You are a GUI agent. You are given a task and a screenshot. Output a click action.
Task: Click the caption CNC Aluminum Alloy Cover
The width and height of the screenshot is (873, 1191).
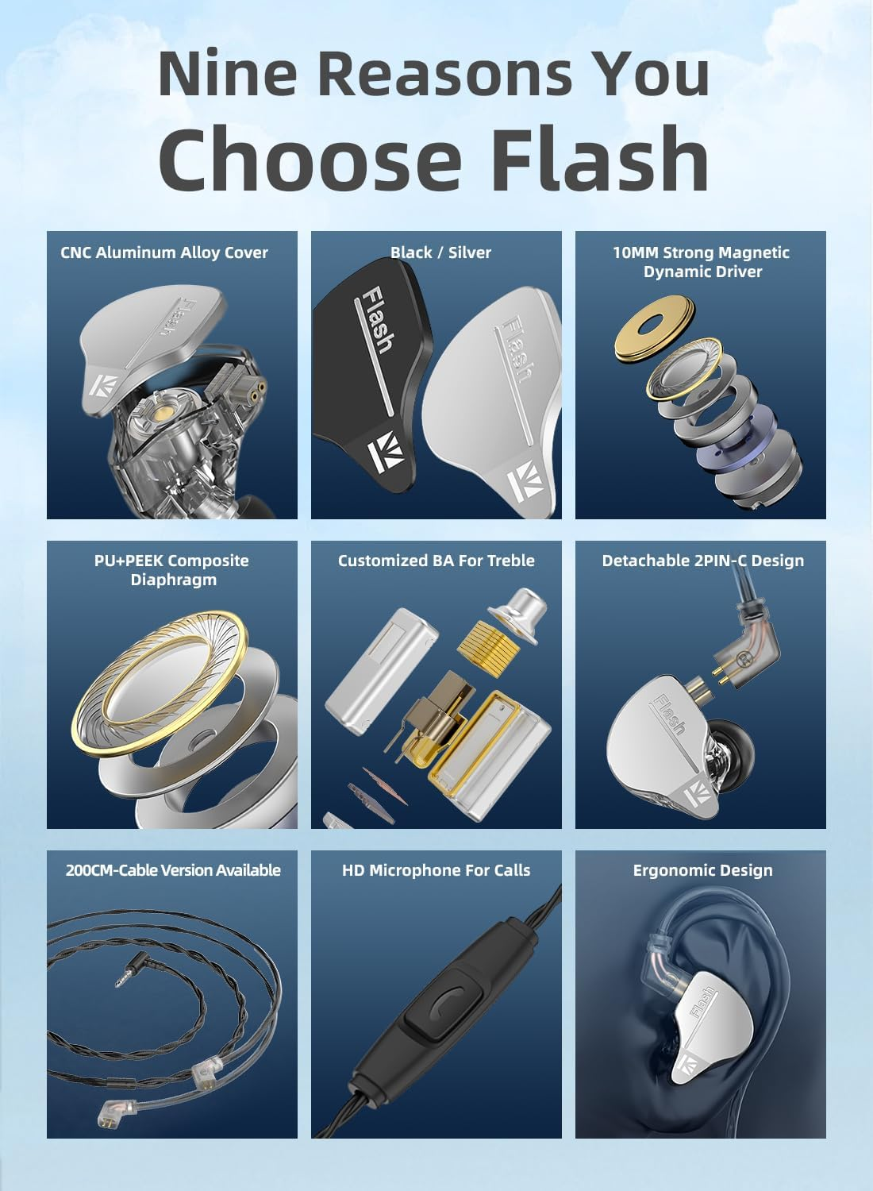click(x=164, y=252)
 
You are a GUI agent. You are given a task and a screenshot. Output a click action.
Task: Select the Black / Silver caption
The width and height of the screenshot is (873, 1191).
click(x=440, y=252)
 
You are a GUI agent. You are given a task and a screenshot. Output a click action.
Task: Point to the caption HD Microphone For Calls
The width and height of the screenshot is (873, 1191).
click(x=436, y=870)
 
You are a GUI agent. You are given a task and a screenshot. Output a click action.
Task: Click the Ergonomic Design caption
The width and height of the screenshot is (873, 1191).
click(x=702, y=870)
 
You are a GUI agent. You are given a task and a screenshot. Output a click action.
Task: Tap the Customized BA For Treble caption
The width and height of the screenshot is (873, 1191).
click(x=436, y=561)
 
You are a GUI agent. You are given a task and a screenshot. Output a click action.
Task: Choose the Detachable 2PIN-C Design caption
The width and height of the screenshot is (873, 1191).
click(x=702, y=561)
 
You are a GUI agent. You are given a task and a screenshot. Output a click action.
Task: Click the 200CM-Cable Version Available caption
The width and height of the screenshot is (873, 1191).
click(x=173, y=870)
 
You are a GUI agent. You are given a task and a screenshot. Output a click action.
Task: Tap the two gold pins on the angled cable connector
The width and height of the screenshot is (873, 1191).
click(x=721, y=675)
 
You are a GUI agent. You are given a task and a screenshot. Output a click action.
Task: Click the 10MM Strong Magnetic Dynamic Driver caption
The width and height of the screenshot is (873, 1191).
click(x=702, y=262)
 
